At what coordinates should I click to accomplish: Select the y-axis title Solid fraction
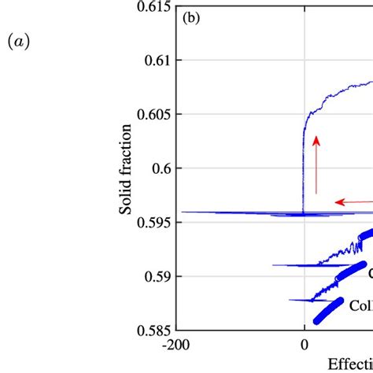(125, 167)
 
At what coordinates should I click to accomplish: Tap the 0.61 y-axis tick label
(157, 61)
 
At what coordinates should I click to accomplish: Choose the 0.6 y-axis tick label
(161, 168)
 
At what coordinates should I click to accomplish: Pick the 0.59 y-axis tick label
(157, 276)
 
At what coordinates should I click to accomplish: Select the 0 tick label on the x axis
(305, 345)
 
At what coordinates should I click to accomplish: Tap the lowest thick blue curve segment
(328, 310)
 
